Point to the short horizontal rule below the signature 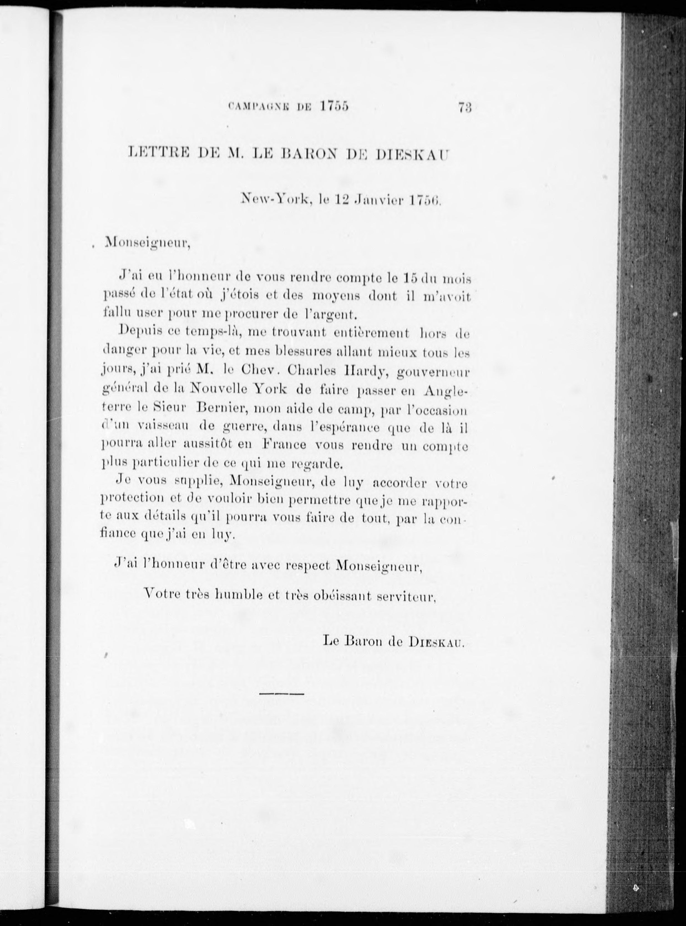(x=282, y=693)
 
